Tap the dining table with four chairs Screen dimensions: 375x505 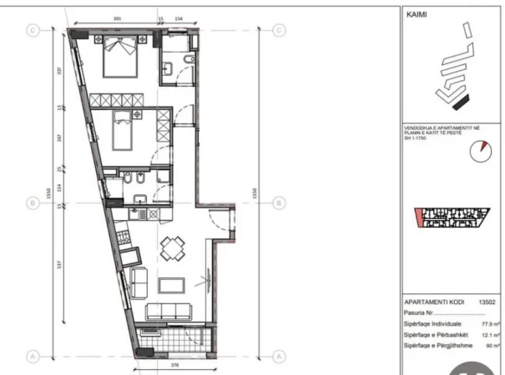(173, 247)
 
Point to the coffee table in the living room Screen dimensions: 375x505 (174, 283)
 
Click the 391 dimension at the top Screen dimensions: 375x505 (118, 17)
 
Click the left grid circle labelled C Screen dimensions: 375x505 (34, 29)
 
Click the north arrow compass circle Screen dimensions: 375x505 (480, 151)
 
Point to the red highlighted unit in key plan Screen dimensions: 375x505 (418, 219)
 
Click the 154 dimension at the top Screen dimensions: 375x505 (178, 17)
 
